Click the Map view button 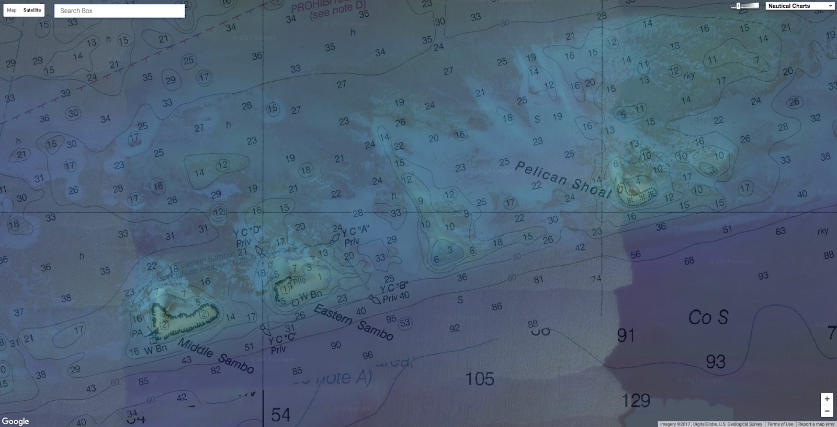12,10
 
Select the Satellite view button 32,10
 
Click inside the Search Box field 119,10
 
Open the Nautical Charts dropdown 800,6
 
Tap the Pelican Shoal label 563,180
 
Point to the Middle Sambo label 216,356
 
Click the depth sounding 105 480,378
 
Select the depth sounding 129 636,401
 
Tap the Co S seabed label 708,317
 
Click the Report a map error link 816,424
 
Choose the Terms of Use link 780,424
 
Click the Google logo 15,421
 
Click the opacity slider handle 738,6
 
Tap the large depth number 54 280,415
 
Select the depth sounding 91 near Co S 626,335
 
